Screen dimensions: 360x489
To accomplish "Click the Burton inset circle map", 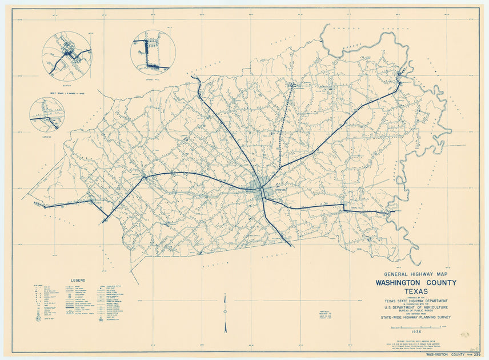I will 67,55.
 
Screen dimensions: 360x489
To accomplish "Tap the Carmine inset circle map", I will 47,114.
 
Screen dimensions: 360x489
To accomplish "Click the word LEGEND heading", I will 78,281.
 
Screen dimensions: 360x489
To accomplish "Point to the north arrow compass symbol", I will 225,312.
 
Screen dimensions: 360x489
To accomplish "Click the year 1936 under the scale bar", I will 415,331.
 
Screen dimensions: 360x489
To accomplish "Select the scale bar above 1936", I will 415,326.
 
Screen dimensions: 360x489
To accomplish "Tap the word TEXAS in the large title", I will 415,292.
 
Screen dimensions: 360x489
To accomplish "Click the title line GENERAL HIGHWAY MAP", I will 415,274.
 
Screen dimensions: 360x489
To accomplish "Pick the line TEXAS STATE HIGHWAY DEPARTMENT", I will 415,301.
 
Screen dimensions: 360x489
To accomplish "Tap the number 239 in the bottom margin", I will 475,355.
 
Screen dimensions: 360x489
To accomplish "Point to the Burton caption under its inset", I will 67,83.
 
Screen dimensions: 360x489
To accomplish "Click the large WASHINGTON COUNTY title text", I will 415,283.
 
